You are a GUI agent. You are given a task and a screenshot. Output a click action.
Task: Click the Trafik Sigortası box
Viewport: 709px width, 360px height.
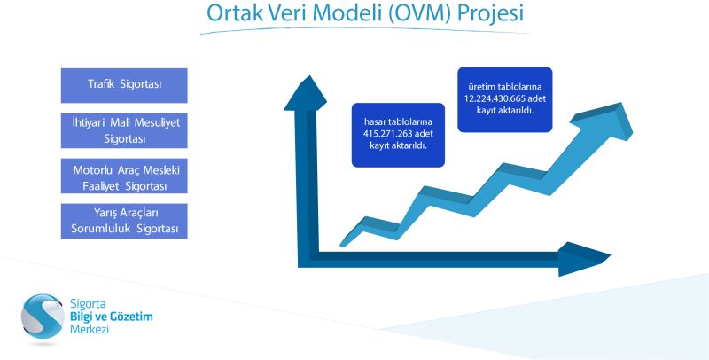124,85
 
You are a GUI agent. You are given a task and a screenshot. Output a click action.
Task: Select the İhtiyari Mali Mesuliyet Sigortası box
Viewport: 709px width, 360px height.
124,130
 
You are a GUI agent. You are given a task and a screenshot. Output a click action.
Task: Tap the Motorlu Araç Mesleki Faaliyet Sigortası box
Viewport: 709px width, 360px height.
124,176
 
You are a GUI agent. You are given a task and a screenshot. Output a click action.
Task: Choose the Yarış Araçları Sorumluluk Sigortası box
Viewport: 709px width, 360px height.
124,221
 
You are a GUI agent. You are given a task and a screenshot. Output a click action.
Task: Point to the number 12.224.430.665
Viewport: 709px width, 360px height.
495,98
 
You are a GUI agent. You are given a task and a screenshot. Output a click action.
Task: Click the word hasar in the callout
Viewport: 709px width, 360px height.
374,122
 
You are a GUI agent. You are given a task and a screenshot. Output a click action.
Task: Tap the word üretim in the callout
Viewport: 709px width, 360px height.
480,87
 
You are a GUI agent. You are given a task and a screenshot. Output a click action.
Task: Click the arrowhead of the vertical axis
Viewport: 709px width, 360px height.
306,93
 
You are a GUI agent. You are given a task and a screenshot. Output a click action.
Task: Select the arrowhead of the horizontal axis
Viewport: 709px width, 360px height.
584,259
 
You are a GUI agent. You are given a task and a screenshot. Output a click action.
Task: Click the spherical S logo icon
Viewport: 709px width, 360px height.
43,317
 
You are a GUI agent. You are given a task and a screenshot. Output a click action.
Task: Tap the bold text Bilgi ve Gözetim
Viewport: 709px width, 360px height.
112,317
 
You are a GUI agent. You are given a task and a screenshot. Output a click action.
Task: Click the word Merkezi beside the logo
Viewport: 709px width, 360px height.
90,329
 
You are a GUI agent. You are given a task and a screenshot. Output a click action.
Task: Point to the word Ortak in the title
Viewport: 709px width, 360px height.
235,13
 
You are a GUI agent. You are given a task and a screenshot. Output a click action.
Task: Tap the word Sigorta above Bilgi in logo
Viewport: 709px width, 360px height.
88,304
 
